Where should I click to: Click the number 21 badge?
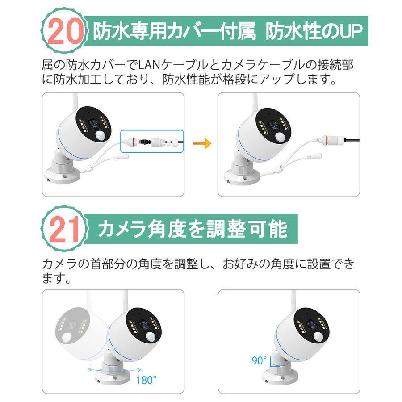(x=63, y=230)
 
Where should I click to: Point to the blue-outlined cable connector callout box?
(x=152, y=142)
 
